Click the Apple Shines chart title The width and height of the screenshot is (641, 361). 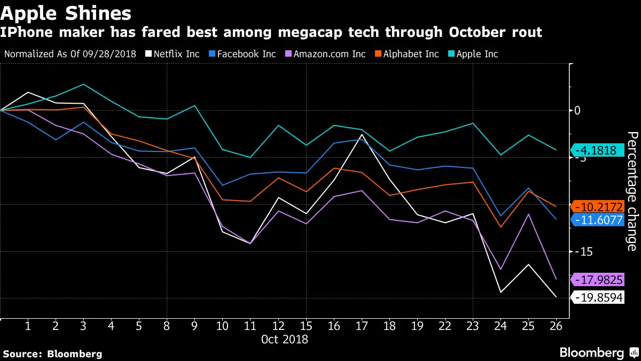[67, 12]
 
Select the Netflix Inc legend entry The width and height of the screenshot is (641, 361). [176, 54]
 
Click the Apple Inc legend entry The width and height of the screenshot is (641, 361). [474, 54]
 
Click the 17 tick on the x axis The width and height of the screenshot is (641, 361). [362, 326]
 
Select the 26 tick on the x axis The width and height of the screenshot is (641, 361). [556, 326]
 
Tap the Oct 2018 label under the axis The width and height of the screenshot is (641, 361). [284, 339]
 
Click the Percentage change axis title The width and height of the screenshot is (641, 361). [631, 191]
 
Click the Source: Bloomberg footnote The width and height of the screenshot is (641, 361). [52, 354]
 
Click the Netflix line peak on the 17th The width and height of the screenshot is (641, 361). [362, 135]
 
